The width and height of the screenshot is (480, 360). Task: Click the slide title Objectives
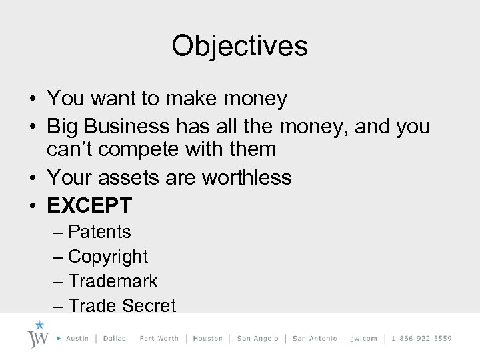(239, 46)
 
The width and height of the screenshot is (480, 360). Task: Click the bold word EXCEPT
(89, 205)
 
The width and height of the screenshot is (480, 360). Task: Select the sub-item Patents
(99, 232)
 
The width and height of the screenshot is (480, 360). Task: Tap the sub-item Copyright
(108, 257)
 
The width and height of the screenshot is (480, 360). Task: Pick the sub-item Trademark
(113, 281)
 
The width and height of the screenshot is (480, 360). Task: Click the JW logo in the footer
(39, 335)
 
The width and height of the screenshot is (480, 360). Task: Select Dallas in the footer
(115, 339)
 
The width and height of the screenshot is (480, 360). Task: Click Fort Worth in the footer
(159, 339)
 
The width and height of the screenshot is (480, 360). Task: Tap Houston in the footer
(207, 339)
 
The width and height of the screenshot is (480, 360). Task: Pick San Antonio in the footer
(315, 339)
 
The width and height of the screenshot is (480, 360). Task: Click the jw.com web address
(364, 339)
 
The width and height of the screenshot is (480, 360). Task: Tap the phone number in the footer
(421, 339)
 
